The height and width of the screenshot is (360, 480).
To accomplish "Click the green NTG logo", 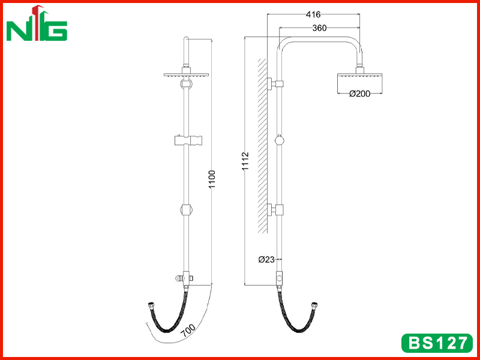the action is tap(37, 24).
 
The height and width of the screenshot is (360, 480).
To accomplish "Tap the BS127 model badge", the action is tap(437, 343).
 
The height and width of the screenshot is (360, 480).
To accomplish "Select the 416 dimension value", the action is tap(313, 14).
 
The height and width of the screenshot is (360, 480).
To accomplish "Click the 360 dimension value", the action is tap(320, 28).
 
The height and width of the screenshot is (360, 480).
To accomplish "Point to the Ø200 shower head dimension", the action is tap(359, 94).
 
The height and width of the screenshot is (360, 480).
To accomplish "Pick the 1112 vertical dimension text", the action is tap(246, 161).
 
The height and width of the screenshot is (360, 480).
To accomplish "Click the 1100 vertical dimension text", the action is tap(212, 179).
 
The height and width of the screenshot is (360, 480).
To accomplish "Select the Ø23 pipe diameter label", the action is tap(266, 260).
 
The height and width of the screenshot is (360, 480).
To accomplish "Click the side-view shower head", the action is tap(360, 83).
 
